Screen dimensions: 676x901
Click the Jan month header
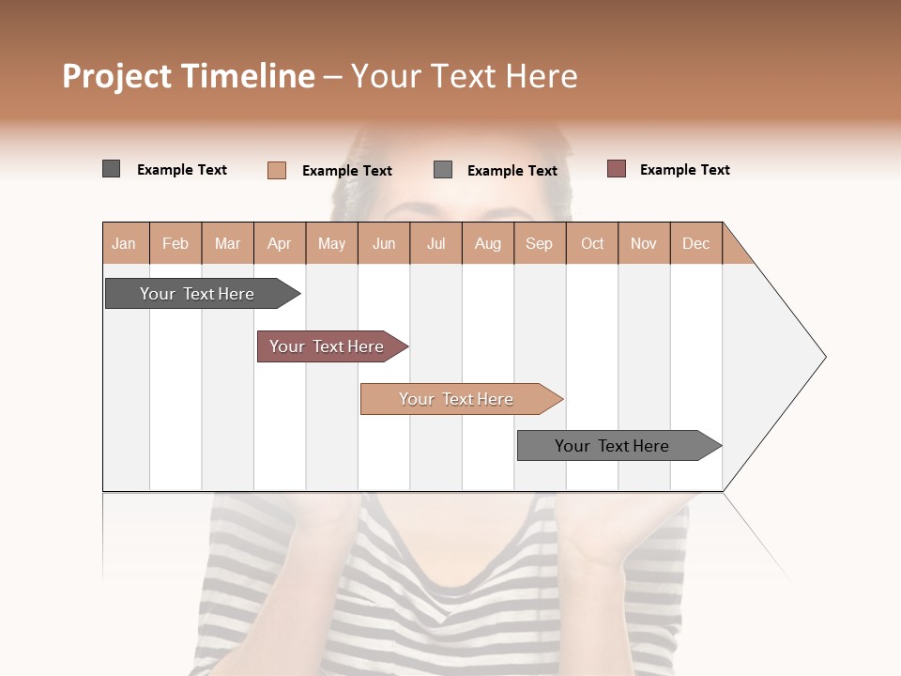[x=124, y=243]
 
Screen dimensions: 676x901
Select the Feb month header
[x=176, y=243]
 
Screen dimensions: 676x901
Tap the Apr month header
[x=279, y=243]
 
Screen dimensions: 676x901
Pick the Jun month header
[x=384, y=243]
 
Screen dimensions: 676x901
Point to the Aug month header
[x=487, y=243]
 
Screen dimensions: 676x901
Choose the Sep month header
[x=539, y=243]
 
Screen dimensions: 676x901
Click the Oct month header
[x=592, y=243]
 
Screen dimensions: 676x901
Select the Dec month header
[x=695, y=243]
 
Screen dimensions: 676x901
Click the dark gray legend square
[x=112, y=169]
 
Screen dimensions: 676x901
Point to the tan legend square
[x=277, y=170]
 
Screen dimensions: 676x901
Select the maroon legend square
[x=617, y=169]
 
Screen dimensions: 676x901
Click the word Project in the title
[x=117, y=76]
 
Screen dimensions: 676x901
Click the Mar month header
[x=227, y=243]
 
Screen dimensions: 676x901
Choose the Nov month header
[x=643, y=243]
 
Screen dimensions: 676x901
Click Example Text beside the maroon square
[x=684, y=170]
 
